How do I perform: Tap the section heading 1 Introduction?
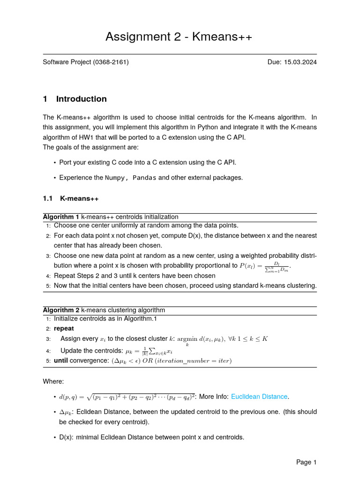pos(75,99)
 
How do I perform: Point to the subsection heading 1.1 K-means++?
pos(70,198)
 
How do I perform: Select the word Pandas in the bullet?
pos(145,178)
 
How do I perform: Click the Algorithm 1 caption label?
pos(61,217)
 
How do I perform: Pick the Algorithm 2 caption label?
pos(61,310)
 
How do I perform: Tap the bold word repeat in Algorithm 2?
pos(64,328)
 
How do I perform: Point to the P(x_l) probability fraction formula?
pos(265,266)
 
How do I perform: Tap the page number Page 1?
pos(307,462)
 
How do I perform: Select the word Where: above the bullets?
pos(53,382)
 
